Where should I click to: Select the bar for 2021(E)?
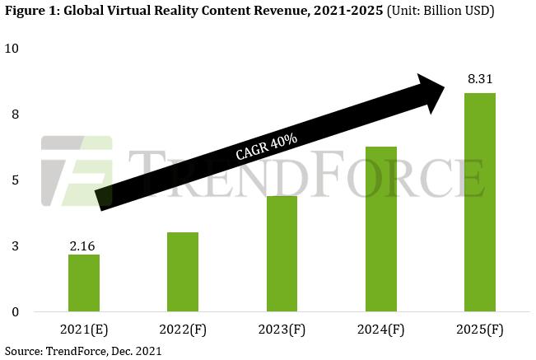84,283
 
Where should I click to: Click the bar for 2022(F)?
183,272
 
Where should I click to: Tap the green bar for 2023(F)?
282,254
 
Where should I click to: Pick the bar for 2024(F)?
380,229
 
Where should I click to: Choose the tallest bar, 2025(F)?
479,202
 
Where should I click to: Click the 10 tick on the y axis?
12,48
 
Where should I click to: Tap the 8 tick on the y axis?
15,115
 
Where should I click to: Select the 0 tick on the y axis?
15,312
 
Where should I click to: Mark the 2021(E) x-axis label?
84,330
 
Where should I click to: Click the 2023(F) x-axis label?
282,330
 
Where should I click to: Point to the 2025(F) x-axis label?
479,330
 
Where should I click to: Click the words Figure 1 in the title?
31,12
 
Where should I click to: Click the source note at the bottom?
82,351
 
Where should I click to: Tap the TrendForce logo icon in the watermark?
76,171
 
